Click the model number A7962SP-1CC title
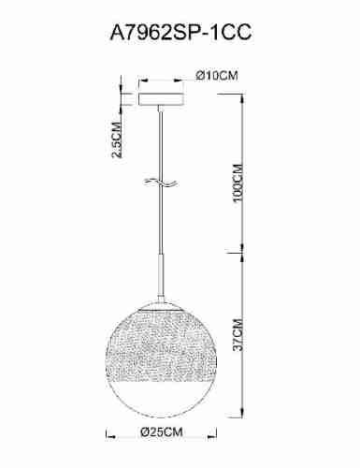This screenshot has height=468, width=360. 180,33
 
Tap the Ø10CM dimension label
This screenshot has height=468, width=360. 213,77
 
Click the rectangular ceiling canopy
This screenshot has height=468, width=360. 164,96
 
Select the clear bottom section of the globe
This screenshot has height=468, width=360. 163,393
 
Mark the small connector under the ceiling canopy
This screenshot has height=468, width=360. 164,108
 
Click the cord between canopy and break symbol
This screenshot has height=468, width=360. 164,145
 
